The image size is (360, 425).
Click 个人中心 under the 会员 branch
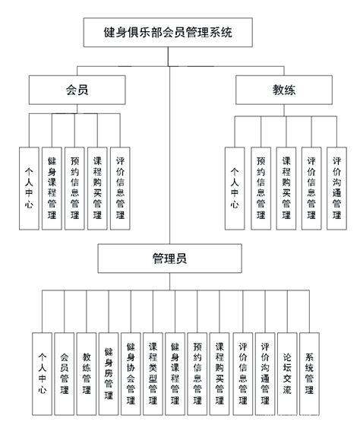30,186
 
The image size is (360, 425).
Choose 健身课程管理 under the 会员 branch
52,187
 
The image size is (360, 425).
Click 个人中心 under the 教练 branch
235,187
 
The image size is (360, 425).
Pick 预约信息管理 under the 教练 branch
261,187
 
